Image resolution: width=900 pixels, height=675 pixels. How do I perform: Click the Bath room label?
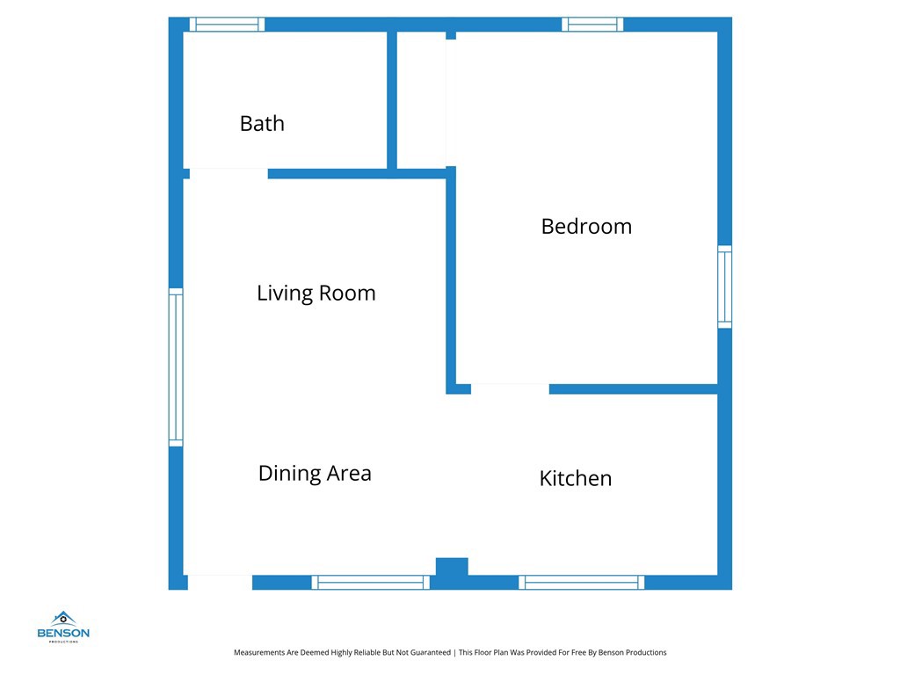pos(262,123)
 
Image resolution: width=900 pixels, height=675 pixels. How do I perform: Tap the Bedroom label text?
pos(586,226)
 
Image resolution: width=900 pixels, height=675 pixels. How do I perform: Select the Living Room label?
pos(316,293)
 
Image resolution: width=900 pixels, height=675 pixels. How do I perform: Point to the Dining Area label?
pos(315,473)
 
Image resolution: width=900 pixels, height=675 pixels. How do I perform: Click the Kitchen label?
pos(575,478)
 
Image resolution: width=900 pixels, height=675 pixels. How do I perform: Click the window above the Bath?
pos(227,25)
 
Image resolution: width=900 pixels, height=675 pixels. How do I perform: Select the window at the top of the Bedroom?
pos(592,25)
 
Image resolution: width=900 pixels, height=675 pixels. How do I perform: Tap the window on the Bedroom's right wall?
pos(725,287)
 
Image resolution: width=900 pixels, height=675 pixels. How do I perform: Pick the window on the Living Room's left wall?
pos(176,367)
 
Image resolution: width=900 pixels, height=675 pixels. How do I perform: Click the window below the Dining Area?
pos(370,582)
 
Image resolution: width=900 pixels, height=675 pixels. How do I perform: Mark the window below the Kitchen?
pos(581,582)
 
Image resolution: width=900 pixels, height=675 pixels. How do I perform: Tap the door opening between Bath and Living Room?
pos(229,173)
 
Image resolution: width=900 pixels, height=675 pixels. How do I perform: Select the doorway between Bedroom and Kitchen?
pos(510,388)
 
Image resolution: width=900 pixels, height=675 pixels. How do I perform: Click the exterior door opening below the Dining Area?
pos(220,582)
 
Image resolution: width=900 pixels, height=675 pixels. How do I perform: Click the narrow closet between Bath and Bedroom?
pos(421,99)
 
